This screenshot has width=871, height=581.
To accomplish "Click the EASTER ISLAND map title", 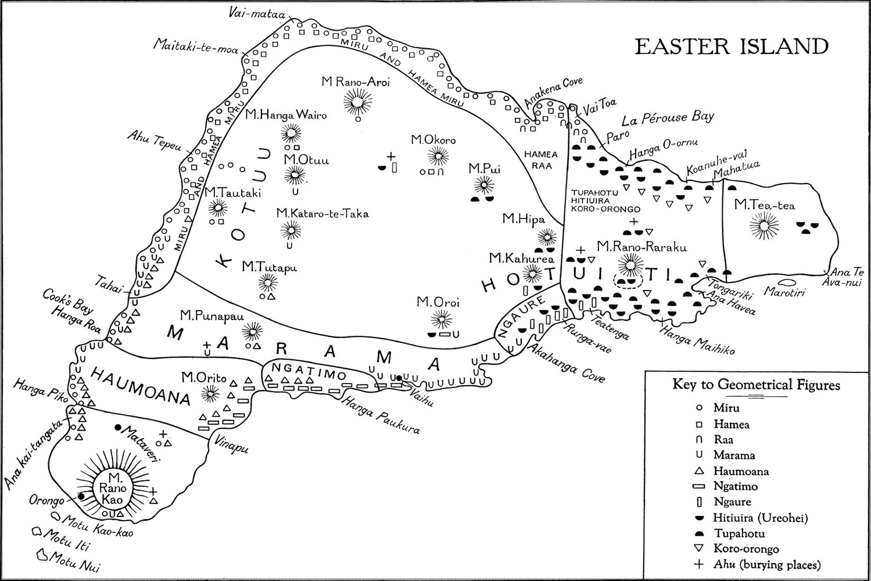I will (731, 46).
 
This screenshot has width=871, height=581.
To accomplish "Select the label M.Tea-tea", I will (764, 205).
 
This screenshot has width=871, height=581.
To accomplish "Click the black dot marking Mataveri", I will (118, 428).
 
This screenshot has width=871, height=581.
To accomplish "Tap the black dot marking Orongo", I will (81, 496).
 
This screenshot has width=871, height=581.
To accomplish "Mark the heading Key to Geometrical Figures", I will (755, 385).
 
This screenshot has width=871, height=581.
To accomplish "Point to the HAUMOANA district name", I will (140, 386).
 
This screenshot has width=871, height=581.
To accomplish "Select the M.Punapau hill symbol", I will (252, 332).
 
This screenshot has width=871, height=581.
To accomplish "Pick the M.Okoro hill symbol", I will (438, 156).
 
